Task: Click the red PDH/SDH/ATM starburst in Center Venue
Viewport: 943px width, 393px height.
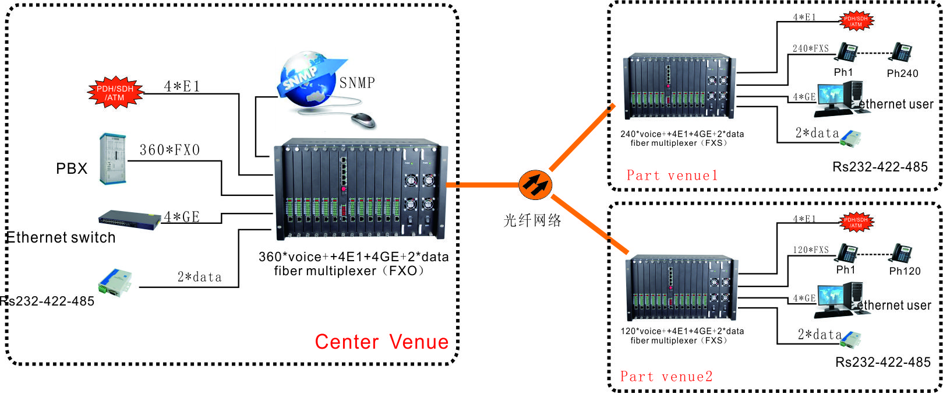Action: point(115,93)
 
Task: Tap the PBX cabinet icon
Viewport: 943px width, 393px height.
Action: point(112,159)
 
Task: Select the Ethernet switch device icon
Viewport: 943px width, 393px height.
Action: point(129,220)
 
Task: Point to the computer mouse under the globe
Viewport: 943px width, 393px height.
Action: point(363,120)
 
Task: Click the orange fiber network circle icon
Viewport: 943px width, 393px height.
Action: point(535,184)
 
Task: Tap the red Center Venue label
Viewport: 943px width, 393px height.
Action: point(382,342)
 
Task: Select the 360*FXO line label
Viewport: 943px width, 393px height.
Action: point(169,150)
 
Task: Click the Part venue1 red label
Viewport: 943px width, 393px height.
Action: point(672,176)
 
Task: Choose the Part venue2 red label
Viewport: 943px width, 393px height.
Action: point(666,377)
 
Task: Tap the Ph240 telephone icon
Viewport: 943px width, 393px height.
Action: point(902,52)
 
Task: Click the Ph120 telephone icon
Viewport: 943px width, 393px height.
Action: point(903,253)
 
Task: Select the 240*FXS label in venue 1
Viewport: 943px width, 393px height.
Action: point(810,48)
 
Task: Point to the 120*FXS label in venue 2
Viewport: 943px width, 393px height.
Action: point(810,250)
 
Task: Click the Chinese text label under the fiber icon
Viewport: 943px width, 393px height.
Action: point(532,220)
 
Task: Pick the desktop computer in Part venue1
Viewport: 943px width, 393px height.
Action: point(839,99)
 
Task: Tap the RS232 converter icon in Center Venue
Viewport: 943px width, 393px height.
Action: point(115,283)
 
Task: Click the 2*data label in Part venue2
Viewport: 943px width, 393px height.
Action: point(820,335)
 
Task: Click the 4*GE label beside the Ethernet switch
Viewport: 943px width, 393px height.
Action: point(182,217)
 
